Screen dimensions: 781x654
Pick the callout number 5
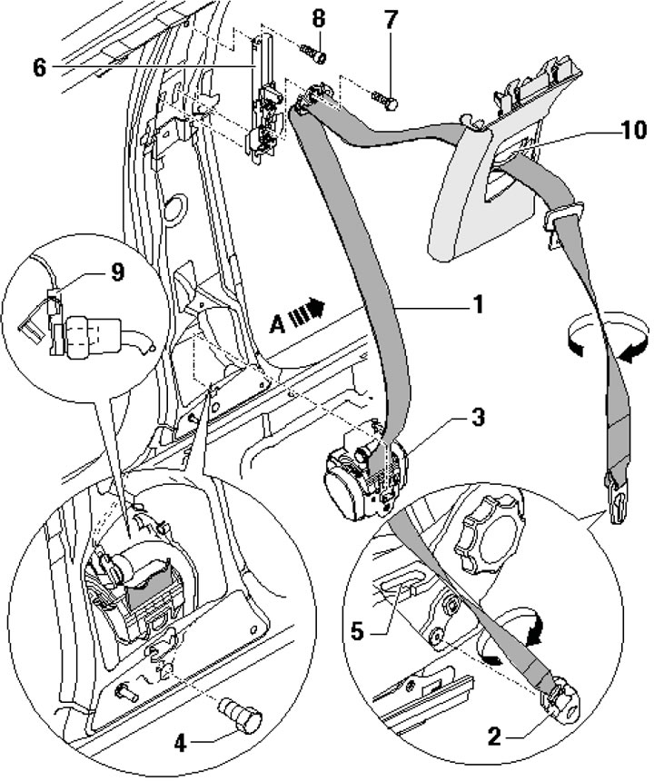click(x=359, y=628)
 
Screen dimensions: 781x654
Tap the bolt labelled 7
click(x=382, y=96)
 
